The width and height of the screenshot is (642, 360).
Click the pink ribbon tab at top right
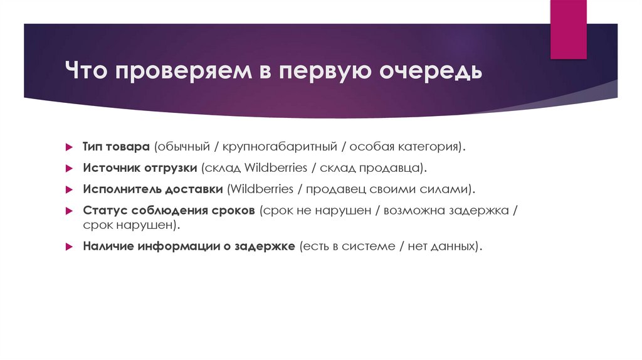point(569,29)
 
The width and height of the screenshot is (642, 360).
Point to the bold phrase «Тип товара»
point(116,146)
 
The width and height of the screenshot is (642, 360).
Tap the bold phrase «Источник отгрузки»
point(140,167)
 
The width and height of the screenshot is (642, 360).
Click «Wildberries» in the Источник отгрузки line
point(275,167)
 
